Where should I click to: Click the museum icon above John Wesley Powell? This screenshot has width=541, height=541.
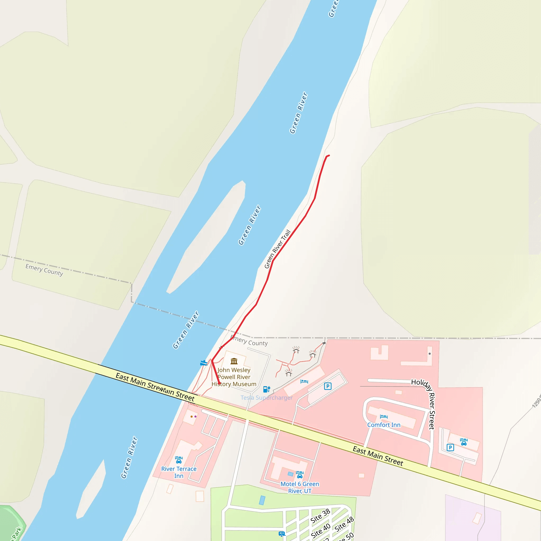[x=234, y=361]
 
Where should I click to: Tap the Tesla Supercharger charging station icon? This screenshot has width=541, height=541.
[x=267, y=389]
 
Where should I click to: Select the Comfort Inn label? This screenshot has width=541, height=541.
[x=384, y=425]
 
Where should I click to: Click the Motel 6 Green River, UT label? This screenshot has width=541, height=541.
[x=300, y=487]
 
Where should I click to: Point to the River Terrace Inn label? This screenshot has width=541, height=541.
[x=179, y=472]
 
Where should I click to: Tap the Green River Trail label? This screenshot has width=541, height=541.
[x=278, y=249]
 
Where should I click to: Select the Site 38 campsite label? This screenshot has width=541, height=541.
[x=320, y=516]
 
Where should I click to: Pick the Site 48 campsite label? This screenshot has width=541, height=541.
[x=344, y=524]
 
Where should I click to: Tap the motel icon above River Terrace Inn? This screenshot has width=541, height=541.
[x=179, y=460]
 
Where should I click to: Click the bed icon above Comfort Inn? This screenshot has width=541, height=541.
[x=384, y=417]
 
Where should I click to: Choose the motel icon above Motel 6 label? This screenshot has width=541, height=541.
[x=300, y=475]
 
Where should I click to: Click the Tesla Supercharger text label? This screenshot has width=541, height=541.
[x=267, y=398]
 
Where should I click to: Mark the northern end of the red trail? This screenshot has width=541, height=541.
[x=329, y=155]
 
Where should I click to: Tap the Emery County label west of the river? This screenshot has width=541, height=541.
[x=44, y=270]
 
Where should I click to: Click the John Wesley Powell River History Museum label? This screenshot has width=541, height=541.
[x=234, y=377]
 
